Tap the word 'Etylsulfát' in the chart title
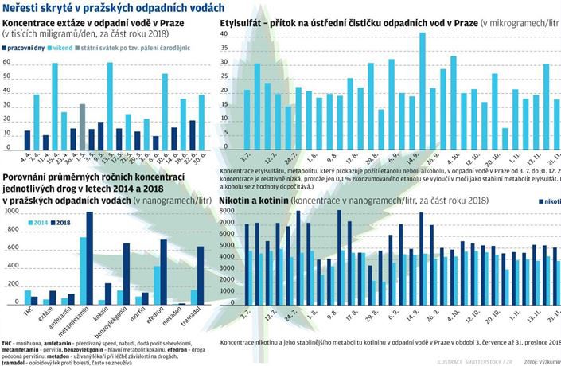[246, 24]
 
